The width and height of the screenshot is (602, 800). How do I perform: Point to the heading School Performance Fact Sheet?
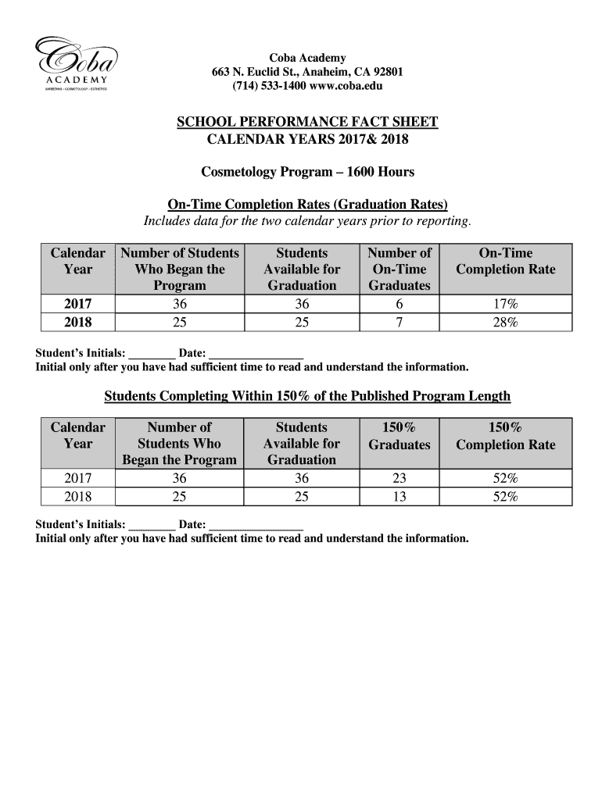point(306,123)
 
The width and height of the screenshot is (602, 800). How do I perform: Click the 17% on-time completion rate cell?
point(505,305)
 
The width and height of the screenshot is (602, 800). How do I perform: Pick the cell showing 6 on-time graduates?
point(399,305)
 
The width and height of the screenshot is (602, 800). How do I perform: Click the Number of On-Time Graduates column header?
point(399,270)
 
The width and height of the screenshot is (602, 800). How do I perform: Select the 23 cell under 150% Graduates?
point(399,479)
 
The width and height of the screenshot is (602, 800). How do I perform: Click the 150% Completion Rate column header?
point(505,436)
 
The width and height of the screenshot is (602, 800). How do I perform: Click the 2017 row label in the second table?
point(77,479)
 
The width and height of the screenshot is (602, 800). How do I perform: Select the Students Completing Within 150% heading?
point(307,397)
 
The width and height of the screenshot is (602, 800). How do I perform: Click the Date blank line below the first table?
point(256,353)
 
